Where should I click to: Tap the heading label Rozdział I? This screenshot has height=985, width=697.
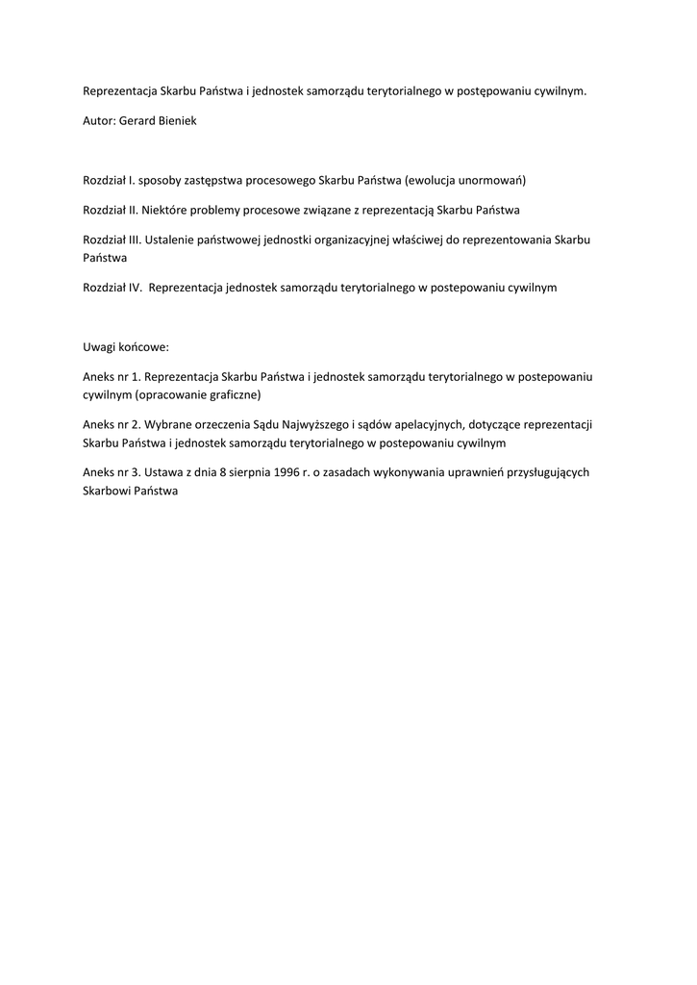[x=109, y=180]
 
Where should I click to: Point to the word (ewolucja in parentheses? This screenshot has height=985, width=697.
[x=432, y=180]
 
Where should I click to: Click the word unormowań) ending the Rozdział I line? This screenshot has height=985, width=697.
[x=493, y=180]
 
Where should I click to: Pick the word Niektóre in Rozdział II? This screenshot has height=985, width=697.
[x=169, y=210]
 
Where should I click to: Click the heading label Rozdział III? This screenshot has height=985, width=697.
[x=112, y=240]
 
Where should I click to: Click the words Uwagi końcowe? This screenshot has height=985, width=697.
[x=126, y=347]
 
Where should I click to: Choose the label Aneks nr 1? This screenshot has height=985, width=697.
[x=112, y=377]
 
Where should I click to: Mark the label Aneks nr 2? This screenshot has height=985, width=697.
[x=112, y=424]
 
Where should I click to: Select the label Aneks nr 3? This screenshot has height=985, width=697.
[x=112, y=471]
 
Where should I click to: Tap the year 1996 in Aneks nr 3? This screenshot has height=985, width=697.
[x=274, y=471]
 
